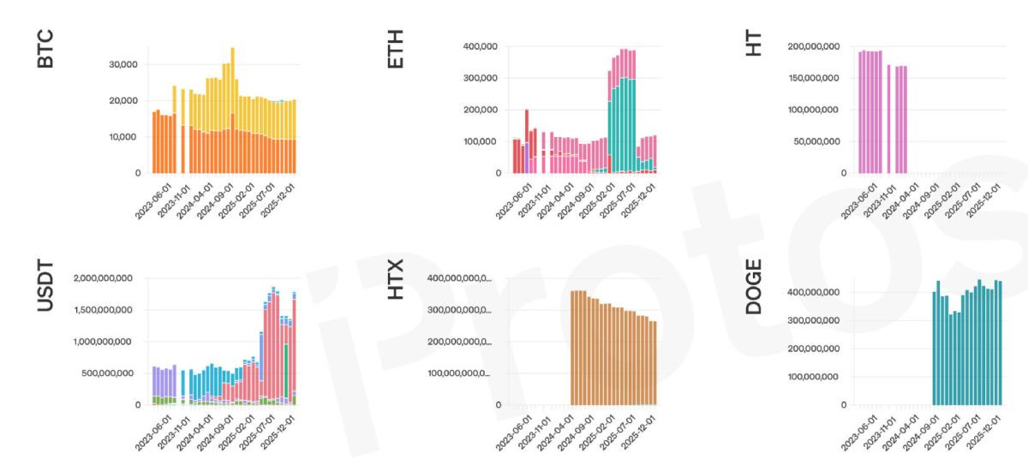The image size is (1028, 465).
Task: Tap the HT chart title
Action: (x=754, y=42)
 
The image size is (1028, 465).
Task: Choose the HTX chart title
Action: (x=396, y=286)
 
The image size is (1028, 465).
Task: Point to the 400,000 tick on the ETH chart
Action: (x=481, y=46)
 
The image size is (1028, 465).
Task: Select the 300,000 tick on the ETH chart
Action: (x=481, y=78)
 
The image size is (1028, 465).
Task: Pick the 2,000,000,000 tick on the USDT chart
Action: (x=100, y=278)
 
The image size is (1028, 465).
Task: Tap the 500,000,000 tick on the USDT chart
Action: (x=104, y=373)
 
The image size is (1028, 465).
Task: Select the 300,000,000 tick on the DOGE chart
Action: (x=815, y=320)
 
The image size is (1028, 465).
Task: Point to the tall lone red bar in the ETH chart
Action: (x=526, y=141)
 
